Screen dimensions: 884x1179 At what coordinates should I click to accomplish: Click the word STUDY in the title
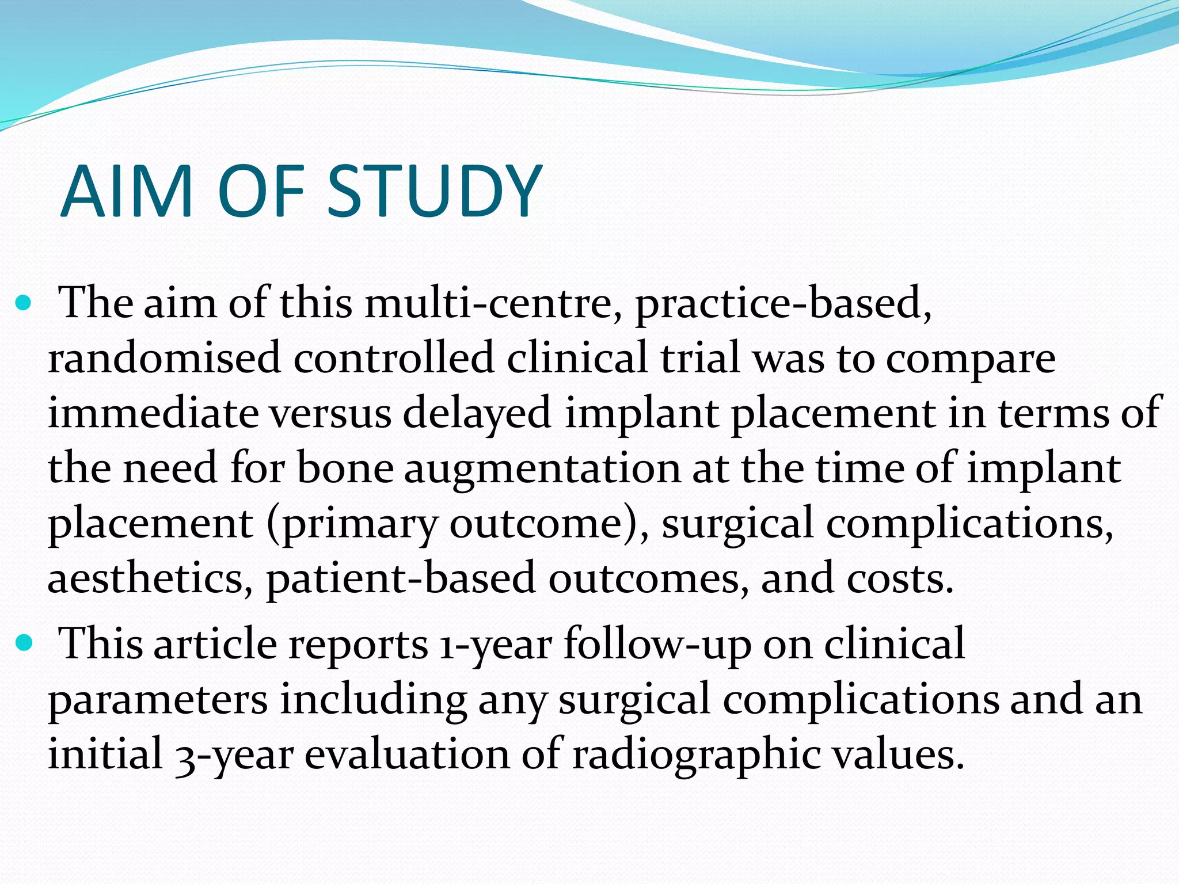pyautogui.click(x=435, y=192)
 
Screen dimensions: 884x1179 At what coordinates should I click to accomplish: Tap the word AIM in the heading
pyautogui.click(x=126, y=192)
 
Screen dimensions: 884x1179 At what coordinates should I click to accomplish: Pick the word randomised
pyautogui.click(x=164, y=358)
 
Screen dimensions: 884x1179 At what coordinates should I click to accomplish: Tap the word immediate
pyautogui.click(x=153, y=413)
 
